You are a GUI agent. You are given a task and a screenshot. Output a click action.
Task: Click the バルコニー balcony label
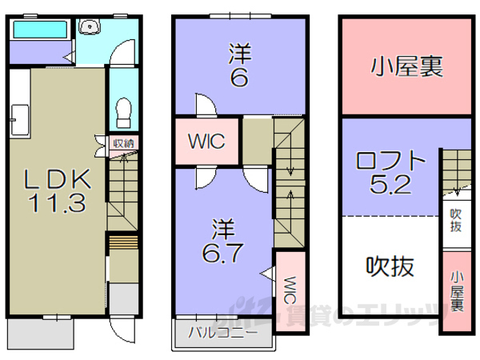point(222,332)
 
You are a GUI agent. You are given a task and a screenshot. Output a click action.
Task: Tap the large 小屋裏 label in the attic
point(407,68)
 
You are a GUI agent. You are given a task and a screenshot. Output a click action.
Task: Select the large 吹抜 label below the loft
point(390,265)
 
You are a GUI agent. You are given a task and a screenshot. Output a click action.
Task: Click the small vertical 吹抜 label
point(455,220)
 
